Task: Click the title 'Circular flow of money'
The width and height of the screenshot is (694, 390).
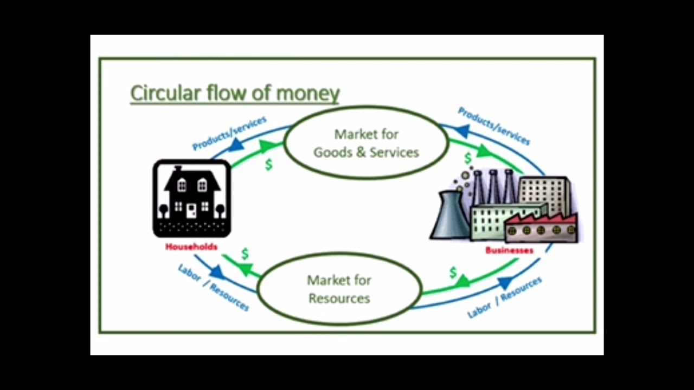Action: tap(235, 93)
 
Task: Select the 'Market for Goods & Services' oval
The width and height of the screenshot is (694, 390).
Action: tap(366, 143)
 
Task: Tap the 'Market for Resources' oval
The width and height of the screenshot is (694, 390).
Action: tap(339, 289)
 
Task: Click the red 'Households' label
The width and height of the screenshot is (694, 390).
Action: tap(191, 246)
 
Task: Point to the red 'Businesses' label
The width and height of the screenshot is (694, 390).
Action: tap(509, 250)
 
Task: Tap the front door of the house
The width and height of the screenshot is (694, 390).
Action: tap(191, 210)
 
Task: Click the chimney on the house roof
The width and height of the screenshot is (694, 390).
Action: tap(178, 168)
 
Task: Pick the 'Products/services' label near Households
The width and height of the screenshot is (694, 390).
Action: tap(229, 133)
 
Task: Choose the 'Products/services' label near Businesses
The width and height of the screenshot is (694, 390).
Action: tap(493, 126)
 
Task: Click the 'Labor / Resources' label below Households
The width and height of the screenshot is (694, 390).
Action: tap(213, 287)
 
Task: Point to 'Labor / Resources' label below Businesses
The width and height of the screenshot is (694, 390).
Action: tap(505, 297)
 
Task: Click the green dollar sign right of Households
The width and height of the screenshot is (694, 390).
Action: tap(268, 164)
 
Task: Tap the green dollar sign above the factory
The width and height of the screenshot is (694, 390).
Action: tap(468, 158)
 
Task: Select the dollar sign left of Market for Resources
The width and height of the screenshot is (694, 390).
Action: tap(245, 253)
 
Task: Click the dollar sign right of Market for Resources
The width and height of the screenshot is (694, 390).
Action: tap(453, 272)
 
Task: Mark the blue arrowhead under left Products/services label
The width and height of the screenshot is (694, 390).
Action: tap(236, 145)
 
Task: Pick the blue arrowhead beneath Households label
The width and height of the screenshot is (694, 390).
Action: tap(217, 272)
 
